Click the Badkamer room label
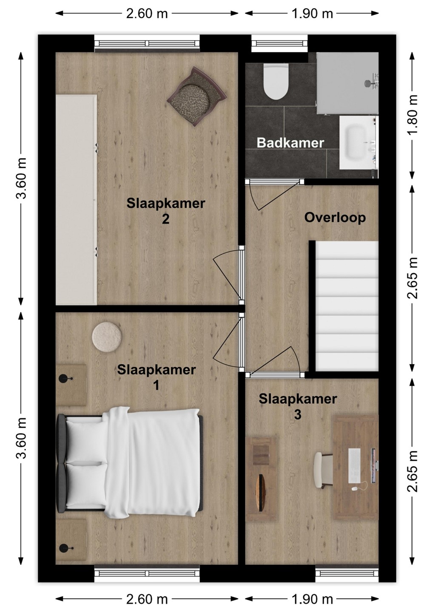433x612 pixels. click(x=291, y=143)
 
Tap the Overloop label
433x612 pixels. click(x=335, y=218)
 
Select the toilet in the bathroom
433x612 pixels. click(x=276, y=81)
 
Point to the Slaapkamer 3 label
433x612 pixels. click(x=298, y=407)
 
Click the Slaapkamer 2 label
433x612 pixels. click(x=165, y=211)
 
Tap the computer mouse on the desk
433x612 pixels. click(x=355, y=488)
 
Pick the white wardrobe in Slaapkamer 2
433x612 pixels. click(x=76, y=200)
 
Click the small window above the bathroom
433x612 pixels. click(x=279, y=43)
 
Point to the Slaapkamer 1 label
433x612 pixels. click(x=157, y=378)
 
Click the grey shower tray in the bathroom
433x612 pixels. click(x=348, y=83)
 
